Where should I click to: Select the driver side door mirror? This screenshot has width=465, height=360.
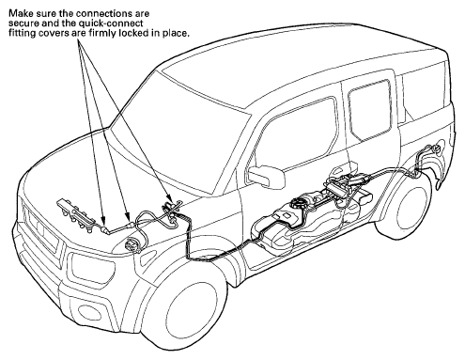pyautogui.click(x=266, y=176)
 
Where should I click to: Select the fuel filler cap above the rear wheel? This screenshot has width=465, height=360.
pyautogui.click(x=437, y=149)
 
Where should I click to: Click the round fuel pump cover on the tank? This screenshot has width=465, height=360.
pyautogui.click(x=300, y=203)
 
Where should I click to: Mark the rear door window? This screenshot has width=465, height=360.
pyautogui.click(x=370, y=110)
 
